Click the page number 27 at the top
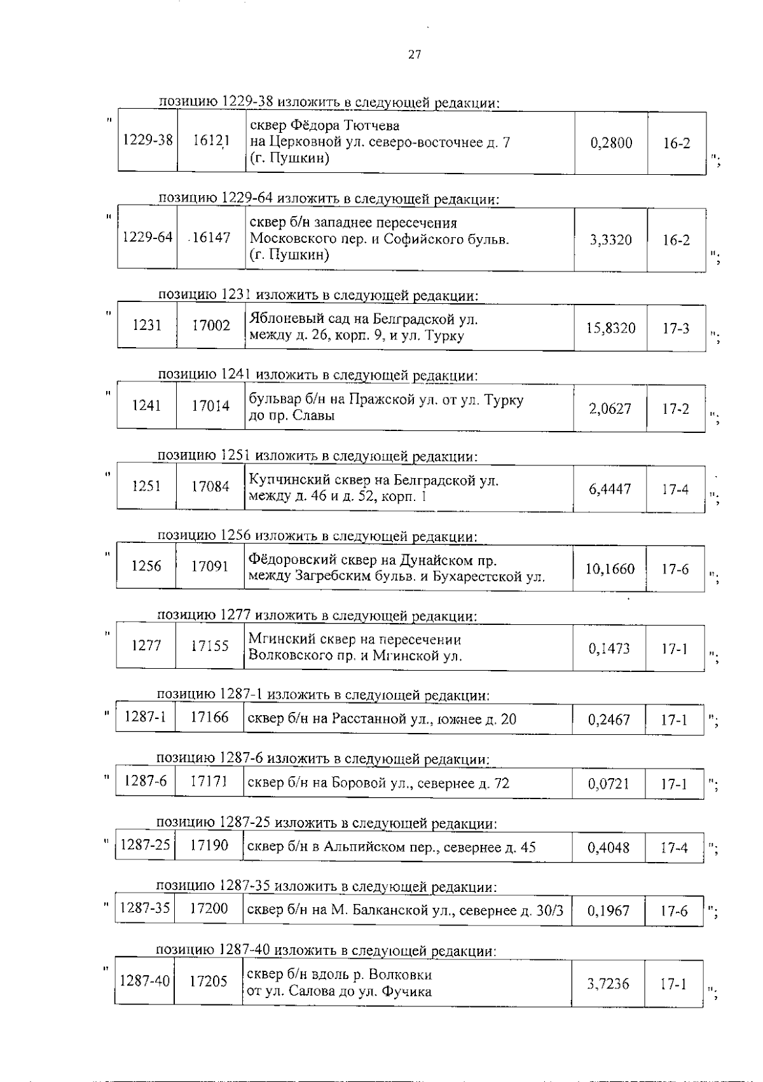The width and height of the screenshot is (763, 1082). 415,55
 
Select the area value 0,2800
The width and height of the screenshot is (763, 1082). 611,143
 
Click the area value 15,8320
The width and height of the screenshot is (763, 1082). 611,329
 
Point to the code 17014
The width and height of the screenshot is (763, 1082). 210,406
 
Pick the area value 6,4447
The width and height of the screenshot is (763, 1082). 610,489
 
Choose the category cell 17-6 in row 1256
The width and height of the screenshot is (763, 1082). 675,569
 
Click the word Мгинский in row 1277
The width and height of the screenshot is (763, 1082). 276,640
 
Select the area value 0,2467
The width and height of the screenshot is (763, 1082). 609,720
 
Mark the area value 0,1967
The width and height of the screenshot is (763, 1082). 608,911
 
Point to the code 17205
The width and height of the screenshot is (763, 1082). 209,982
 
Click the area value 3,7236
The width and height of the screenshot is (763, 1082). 608,984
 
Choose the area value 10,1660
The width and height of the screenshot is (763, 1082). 610,569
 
